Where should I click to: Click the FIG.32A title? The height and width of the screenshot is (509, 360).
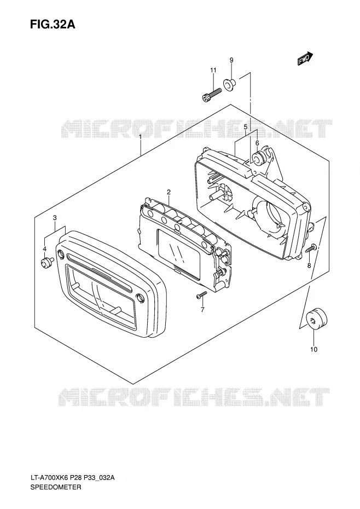coord(53,24)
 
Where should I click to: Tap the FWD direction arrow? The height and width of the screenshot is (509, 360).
coord(305,59)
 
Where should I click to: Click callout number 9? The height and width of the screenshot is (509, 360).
coord(231,60)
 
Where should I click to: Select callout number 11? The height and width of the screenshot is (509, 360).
coord(213,70)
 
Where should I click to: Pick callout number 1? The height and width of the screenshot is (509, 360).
coord(140,137)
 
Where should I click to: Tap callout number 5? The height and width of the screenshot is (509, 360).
coord(246,126)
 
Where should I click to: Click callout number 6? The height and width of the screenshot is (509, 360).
coord(257,143)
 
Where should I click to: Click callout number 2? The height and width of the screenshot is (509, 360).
coord(169,192)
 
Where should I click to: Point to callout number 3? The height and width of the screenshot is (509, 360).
coord(55,218)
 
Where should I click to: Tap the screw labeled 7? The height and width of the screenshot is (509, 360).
coord(201,295)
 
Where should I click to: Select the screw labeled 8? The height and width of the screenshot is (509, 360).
coord(311,248)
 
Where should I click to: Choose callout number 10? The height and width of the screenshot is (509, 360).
coord(313,349)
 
